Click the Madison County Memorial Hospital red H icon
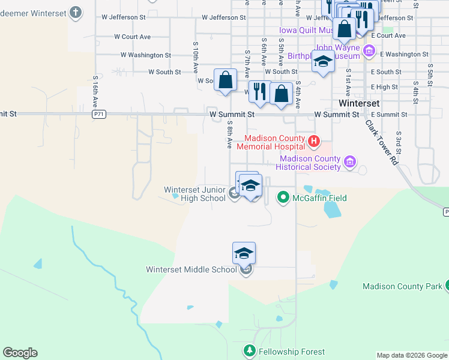(x=313, y=142)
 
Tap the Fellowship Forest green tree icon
(x=250, y=350)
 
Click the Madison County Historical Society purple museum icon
(x=350, y=161)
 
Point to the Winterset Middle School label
(x=191, y=269)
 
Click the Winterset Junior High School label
(x=195, y=194)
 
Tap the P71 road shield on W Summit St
(x=99, y=113)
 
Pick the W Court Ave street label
(x=132, y=37)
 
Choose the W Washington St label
(x=146, y=55)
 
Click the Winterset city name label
(x=359, y=103)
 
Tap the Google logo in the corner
(x=20, y=353)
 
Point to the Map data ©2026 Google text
(x=412, y=355)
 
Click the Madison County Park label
(x=402, y=286)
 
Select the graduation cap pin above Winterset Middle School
(x=244, y=253)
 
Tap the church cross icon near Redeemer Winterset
(x=76, y=11)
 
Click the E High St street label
(x=384, y=87)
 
